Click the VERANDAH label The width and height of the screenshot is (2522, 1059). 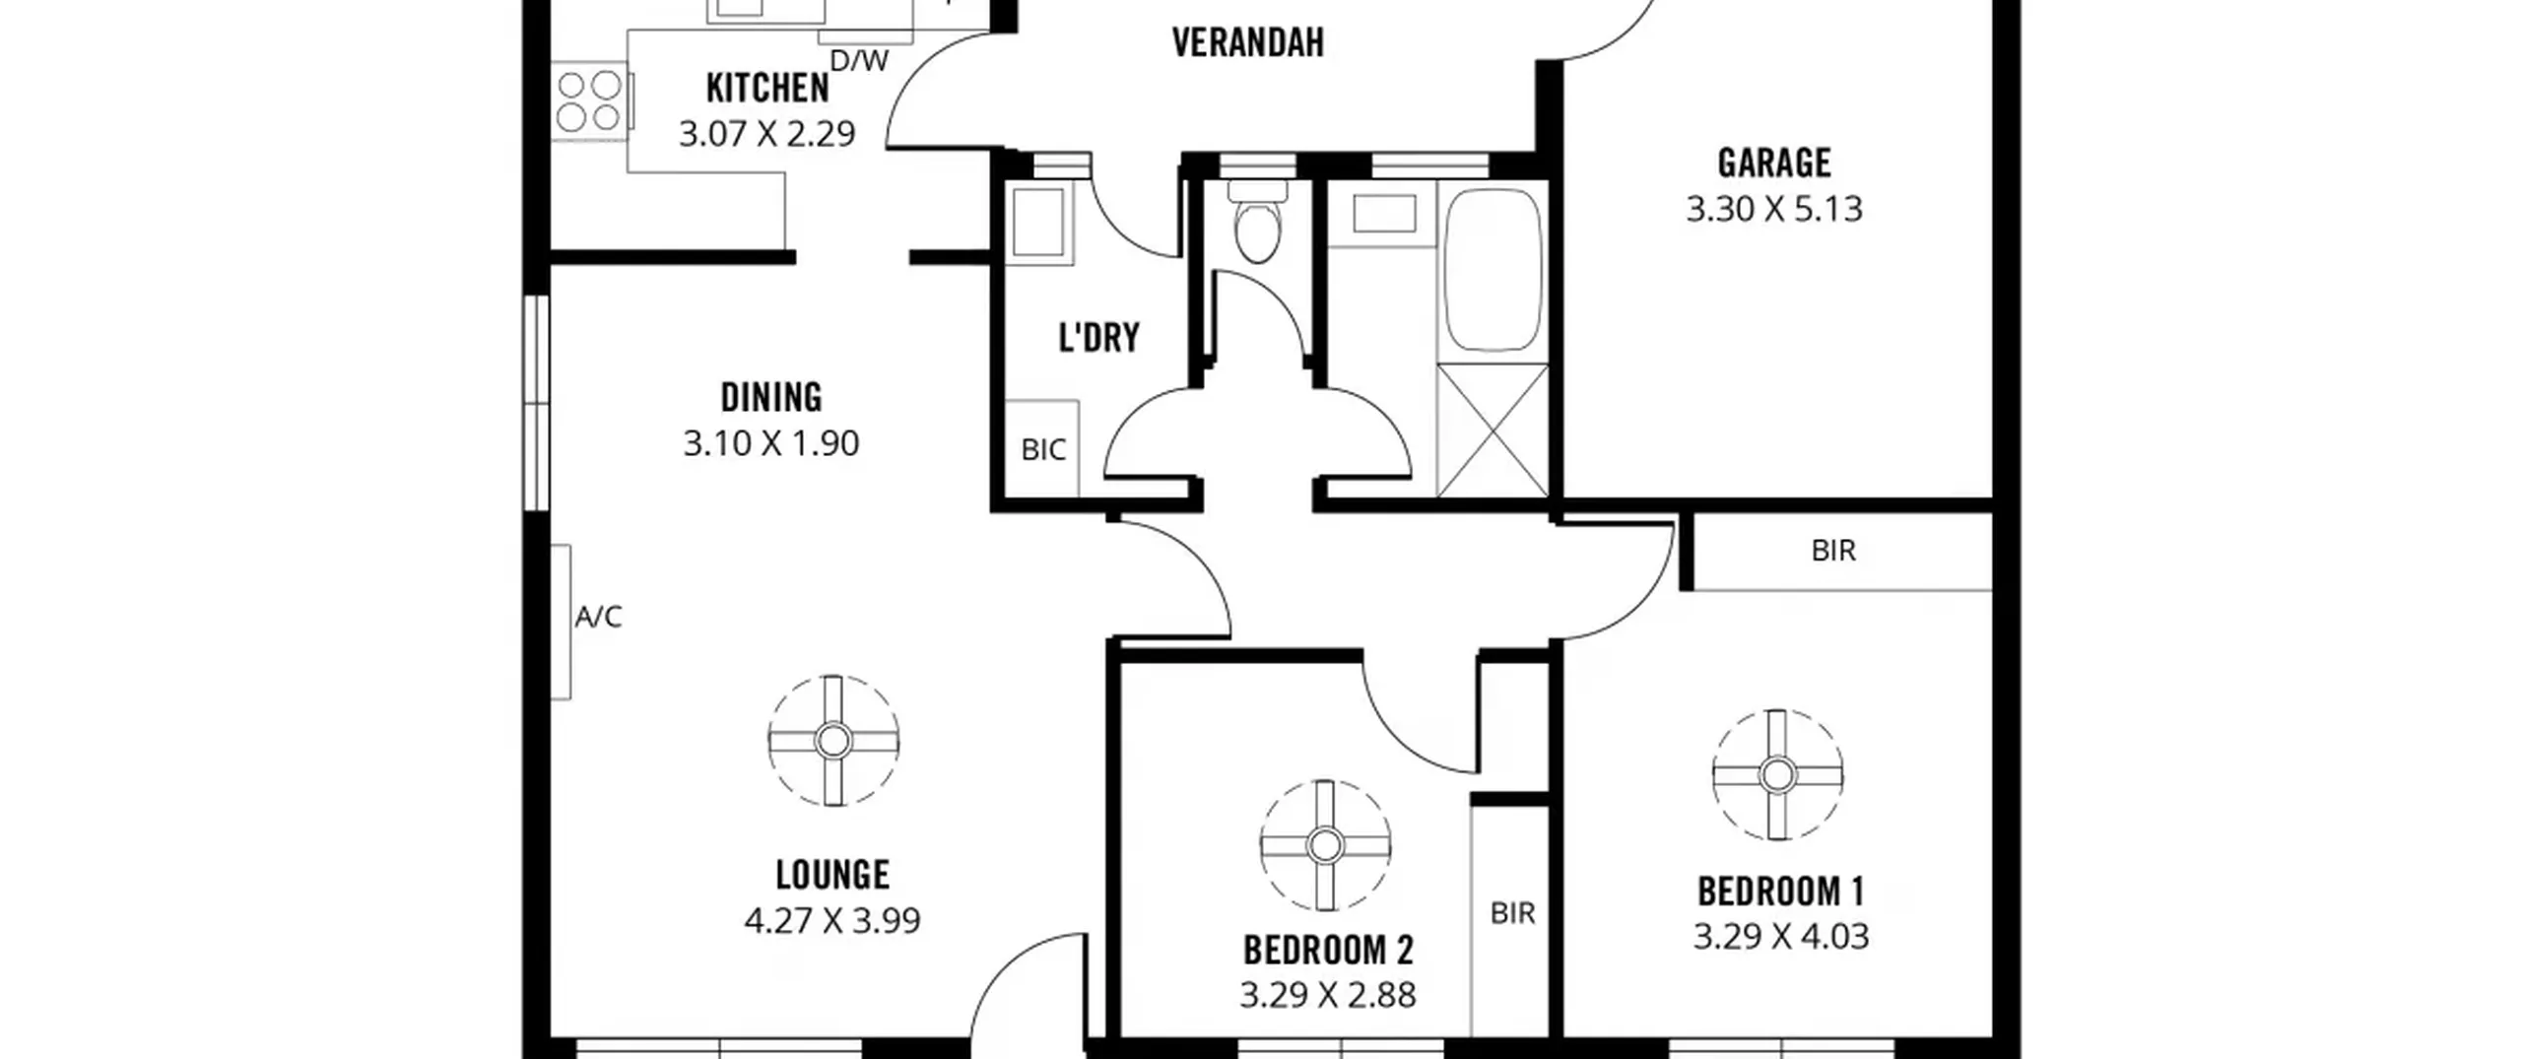1247,43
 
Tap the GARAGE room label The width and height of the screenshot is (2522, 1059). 1774,163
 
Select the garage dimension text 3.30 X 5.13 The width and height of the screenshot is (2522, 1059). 1774,209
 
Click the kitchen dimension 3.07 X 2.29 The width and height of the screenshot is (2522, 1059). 766,133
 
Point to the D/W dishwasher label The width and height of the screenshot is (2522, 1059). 859,61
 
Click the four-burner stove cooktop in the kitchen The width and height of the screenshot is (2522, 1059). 590,101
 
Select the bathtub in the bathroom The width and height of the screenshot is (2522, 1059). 1493,270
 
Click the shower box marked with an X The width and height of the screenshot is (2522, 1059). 1492,430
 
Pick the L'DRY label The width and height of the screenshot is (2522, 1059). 1098,338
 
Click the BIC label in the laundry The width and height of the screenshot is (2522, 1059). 1043,450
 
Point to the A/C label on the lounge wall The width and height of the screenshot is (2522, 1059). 599,617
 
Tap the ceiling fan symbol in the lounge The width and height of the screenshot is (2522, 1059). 833,741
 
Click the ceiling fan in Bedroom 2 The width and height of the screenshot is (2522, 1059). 1325,845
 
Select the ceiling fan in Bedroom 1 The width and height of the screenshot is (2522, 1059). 1777,775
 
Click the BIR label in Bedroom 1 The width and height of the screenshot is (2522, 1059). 1833,551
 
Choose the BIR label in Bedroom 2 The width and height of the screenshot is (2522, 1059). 1512,914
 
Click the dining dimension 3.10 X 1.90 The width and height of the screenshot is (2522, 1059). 771,443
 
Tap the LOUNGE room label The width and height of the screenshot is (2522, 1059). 832,875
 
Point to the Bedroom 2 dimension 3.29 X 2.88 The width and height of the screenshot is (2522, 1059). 1328,995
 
